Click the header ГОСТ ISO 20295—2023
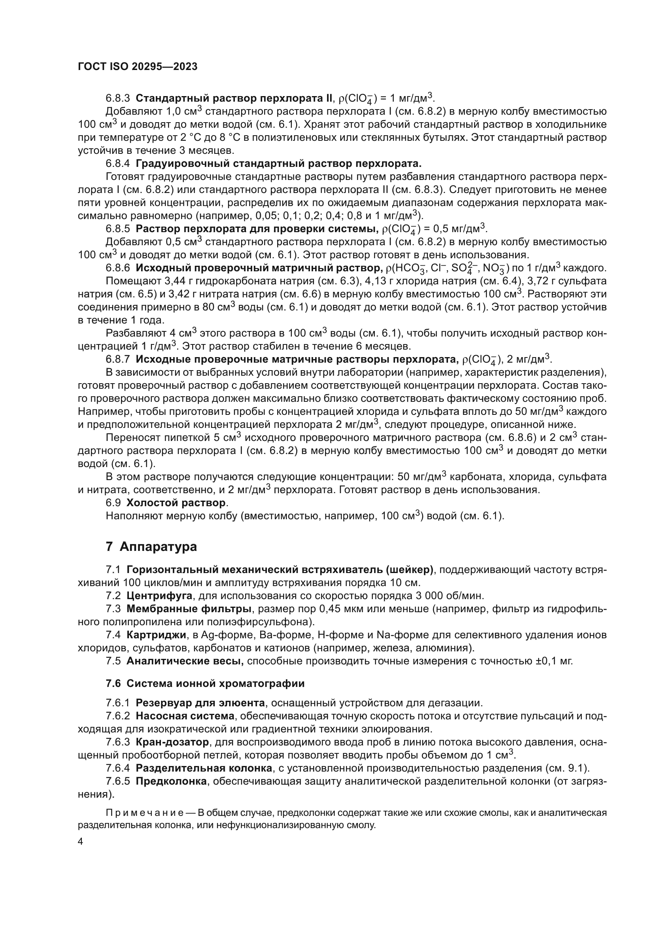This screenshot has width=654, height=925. point(137,67)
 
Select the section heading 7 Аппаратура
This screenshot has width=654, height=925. point(151,547)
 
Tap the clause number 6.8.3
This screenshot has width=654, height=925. point(117,98)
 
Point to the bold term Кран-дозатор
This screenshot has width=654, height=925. point(172,742)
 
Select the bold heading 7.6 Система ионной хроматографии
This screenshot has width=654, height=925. point(205,683)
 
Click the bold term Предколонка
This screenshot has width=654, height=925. point(171,781)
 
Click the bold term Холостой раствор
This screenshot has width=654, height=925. point(176,503)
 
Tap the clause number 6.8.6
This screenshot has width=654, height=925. point(117,268)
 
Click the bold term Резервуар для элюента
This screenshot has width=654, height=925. point(200,703)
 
